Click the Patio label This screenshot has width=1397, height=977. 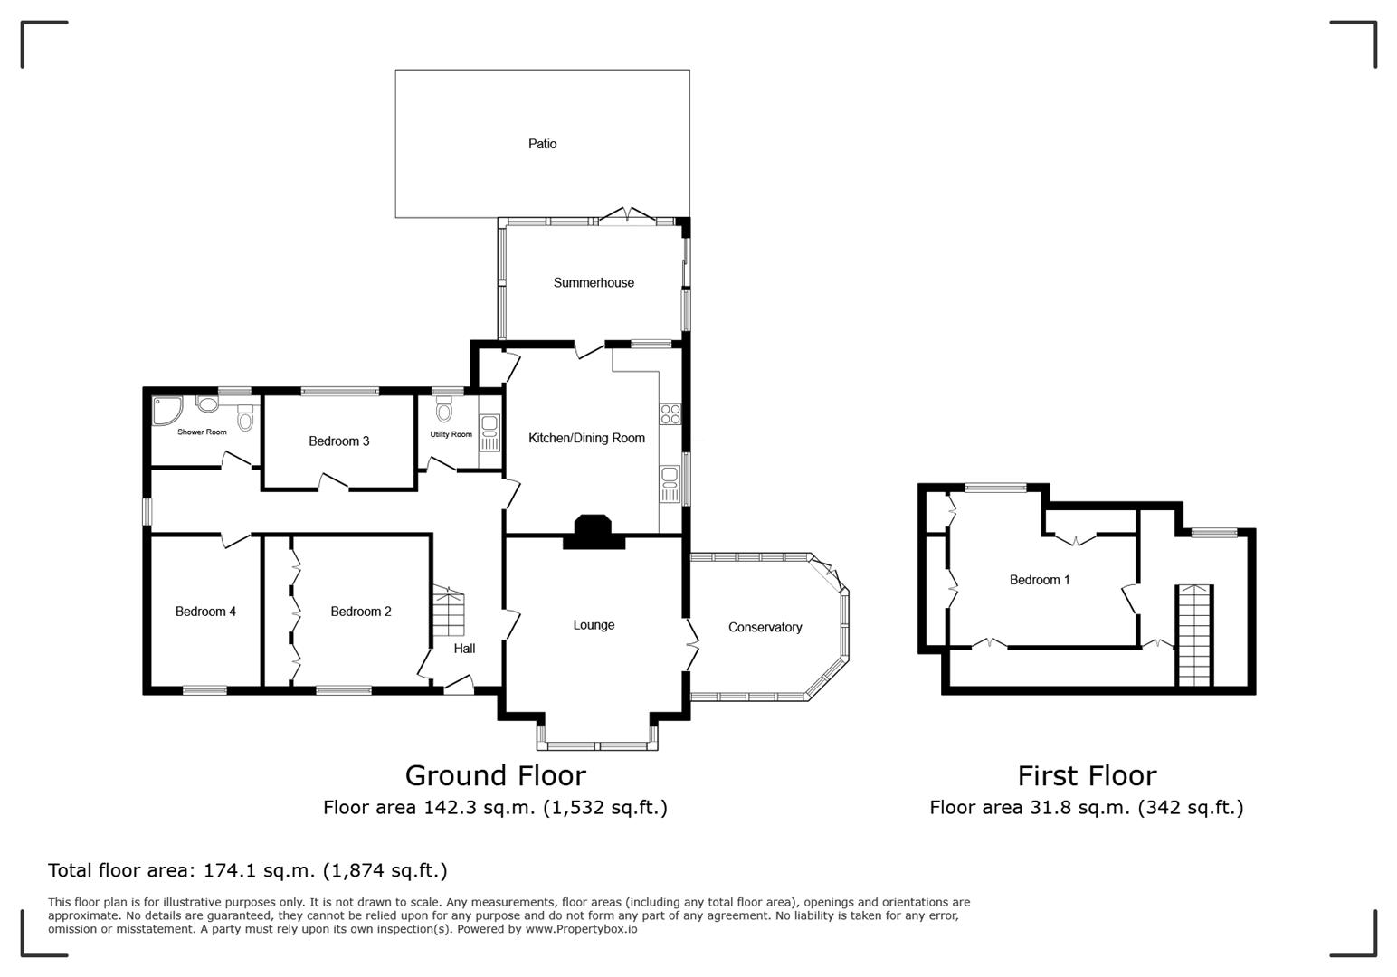coord(542,144)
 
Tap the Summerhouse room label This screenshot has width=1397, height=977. coord(594,282)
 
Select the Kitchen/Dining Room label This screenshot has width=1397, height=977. coord(586,438)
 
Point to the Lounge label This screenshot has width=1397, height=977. coord(594,625)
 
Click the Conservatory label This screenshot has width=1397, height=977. coord(765,627)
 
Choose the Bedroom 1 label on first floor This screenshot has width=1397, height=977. coord(1040,580)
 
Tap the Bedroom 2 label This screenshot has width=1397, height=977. coord(361,612)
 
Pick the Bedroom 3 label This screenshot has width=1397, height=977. coord(338,441)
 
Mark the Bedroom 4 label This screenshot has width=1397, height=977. coord(205,612)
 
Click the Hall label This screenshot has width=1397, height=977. coord(464,649)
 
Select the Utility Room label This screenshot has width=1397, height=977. coord(451,434)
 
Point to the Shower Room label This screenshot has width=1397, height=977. coord(202,432)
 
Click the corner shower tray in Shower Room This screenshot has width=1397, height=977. coord(166,410)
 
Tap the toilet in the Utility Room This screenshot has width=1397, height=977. coord(443,412)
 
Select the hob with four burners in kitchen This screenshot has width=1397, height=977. coord(670,414)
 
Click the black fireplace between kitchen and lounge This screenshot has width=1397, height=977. coord(594,532)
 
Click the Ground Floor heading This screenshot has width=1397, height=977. coord(495,776)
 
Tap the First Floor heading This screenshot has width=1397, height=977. coord(1087,776)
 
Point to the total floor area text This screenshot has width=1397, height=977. coord(247,870)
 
